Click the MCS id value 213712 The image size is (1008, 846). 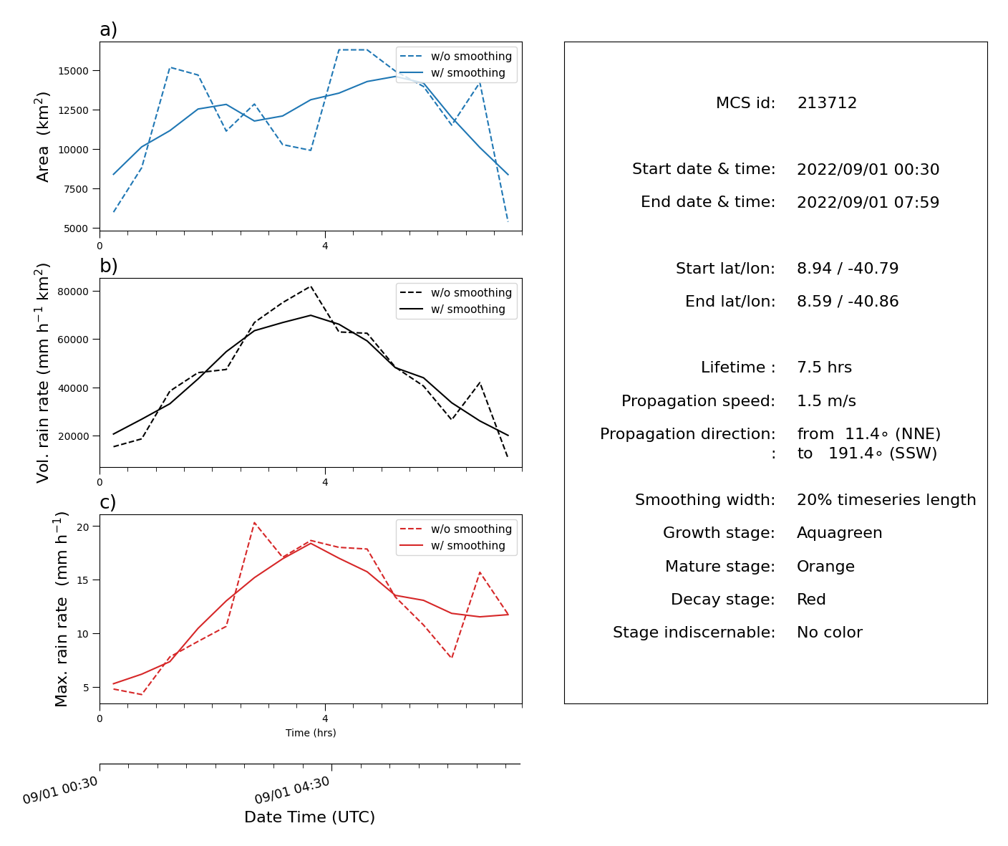(x=826, y=103)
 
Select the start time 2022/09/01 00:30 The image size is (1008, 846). (x=868, y=169)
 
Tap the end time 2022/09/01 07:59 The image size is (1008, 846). (x=868, y=202)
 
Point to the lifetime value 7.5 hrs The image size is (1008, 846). (x=824, y=367)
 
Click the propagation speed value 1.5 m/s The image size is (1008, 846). (x=826, y=400)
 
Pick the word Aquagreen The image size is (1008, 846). (x=839, y=533)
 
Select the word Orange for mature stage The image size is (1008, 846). (x=825, y=566)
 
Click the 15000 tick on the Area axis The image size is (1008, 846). (x=73, y=71)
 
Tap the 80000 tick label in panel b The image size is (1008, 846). (x=73, y=292)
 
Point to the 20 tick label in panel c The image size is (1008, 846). (x=83, y=526)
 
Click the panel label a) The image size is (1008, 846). (x=108, y=29)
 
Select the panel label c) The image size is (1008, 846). (x=107, y=502)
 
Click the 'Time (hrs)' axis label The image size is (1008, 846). (x=311, y=733)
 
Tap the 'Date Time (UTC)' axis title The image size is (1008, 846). (x=309, y=817)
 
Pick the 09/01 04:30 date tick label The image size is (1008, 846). (x=292, y=790)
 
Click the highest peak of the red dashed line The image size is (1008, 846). (x=254, y=523)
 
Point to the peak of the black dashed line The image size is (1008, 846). (x=311, y=286)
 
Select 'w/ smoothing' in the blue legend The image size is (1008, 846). (x=467, y=73)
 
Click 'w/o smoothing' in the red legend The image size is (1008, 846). (x=471, y=529)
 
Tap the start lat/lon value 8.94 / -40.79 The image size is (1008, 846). (x=847, y=268)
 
